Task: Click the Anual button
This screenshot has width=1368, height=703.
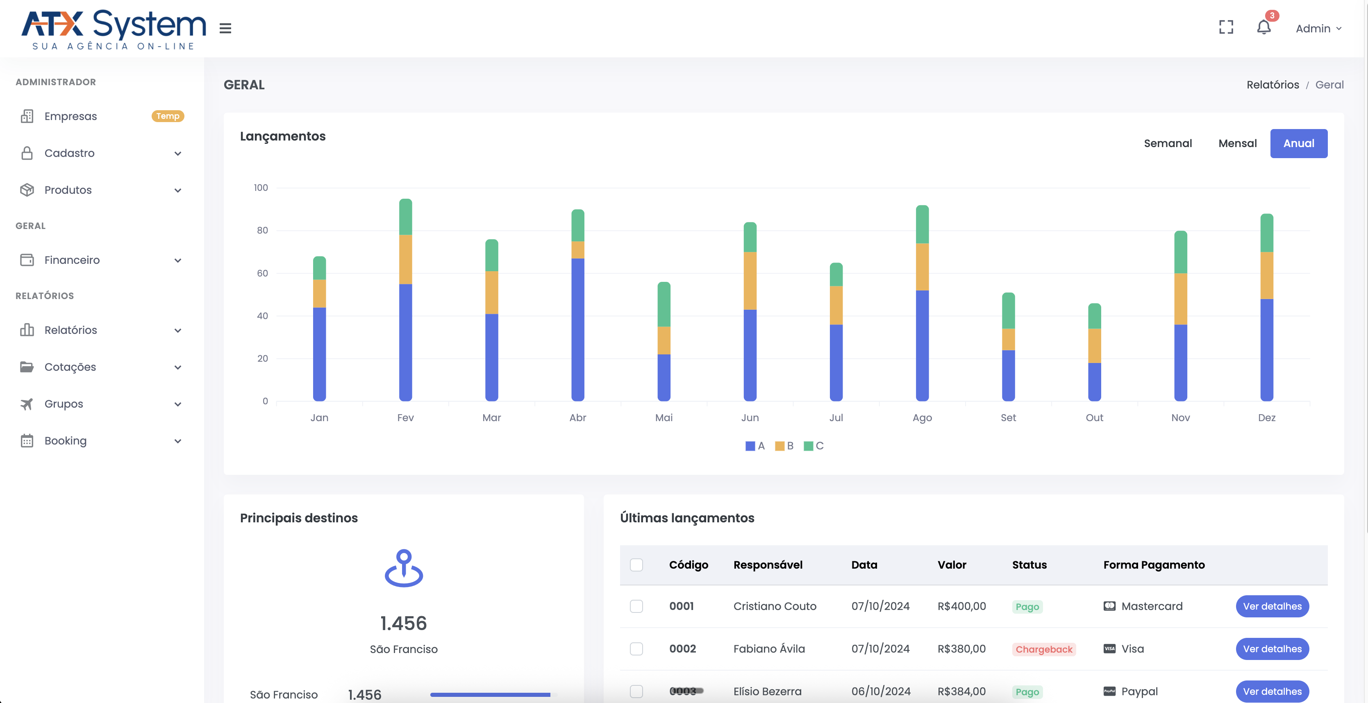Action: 1298,143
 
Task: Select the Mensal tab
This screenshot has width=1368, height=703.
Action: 1237,143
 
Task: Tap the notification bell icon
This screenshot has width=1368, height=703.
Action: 1263,27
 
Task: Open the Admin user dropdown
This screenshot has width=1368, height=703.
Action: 1318,29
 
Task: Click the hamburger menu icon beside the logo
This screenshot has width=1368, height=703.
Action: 225,29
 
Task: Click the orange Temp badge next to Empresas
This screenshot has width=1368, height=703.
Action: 168,116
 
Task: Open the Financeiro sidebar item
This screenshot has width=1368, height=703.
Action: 72,260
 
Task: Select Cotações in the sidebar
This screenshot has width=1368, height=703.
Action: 70,367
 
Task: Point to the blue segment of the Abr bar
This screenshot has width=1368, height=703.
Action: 577,329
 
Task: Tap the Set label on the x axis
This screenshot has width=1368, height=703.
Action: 1008,418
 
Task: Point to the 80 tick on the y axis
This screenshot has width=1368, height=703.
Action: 262,230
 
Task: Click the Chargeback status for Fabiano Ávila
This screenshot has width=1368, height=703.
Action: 1043,649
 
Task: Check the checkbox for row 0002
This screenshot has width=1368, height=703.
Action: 636,649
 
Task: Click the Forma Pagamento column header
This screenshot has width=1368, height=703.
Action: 1153,565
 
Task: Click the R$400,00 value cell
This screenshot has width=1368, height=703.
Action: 961,606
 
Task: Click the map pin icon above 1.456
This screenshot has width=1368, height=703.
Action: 404,568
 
